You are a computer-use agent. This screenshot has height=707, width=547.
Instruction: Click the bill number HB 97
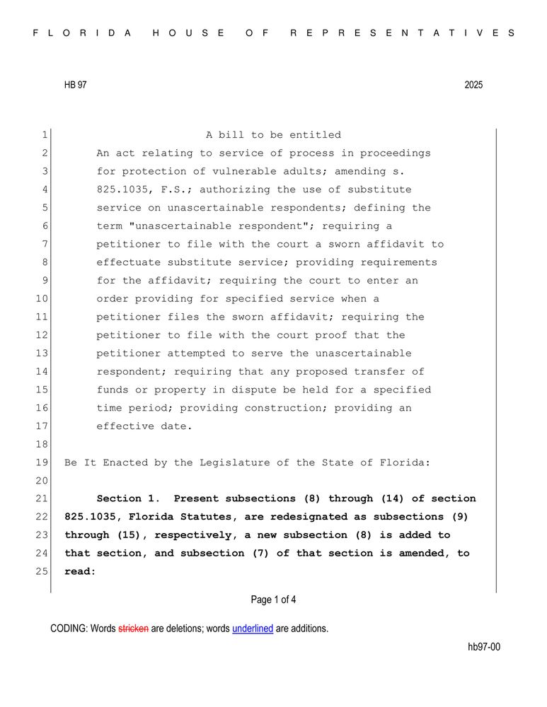[75, 85]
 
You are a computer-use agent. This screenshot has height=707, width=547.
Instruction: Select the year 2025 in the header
[473, 85]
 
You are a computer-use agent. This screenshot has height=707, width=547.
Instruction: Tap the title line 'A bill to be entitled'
[273, 135]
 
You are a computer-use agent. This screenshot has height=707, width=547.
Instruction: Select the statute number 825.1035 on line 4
[122, 189]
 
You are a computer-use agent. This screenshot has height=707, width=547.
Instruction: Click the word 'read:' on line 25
[80, 572]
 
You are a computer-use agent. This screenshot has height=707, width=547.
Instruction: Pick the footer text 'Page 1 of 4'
[273, 600]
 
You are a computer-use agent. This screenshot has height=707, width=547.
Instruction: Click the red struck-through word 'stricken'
[133, 629]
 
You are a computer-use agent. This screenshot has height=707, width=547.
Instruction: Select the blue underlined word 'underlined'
[253, 629]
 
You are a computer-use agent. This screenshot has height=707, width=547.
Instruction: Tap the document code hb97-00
[484, 647]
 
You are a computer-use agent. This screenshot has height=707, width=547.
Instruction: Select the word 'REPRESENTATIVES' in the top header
[403, 33]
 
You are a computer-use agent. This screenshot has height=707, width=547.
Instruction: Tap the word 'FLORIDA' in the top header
[83, 33]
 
